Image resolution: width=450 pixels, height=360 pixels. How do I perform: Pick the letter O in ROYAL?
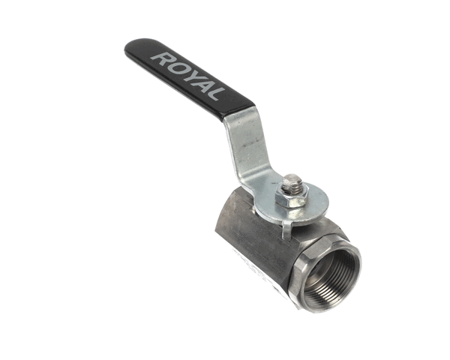pyautogui.click(x=172, y=65)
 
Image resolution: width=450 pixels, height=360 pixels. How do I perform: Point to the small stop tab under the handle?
pyautogui.click(x=286, y=229)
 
